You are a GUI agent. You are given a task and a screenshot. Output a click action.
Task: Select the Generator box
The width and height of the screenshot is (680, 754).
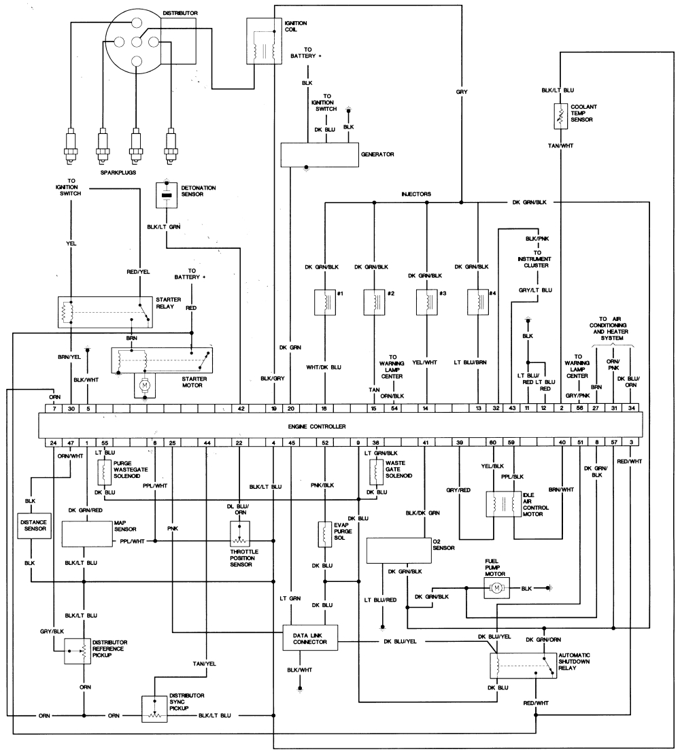pyautogui.click(x=320, y=155)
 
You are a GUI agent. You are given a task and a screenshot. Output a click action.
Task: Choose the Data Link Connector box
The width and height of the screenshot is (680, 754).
pyautogui.click(x=311, y=638)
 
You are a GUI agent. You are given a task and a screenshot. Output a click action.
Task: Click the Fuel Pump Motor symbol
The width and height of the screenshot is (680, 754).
pyautogui.click(x=496, y=587)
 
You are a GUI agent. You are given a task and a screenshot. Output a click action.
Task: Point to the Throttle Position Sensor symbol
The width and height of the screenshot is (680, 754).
pyautogui.click(x=241, y=536)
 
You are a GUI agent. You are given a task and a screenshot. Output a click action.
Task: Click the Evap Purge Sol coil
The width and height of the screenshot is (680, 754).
pyautogui.click(x=325, y=534)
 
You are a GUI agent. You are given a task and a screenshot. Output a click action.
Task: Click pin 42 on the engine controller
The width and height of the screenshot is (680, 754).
pyautogui.click(x=241, y=408)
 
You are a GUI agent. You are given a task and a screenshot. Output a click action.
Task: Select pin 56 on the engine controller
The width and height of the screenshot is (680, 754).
pyautogui.click(x=579, y=408)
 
